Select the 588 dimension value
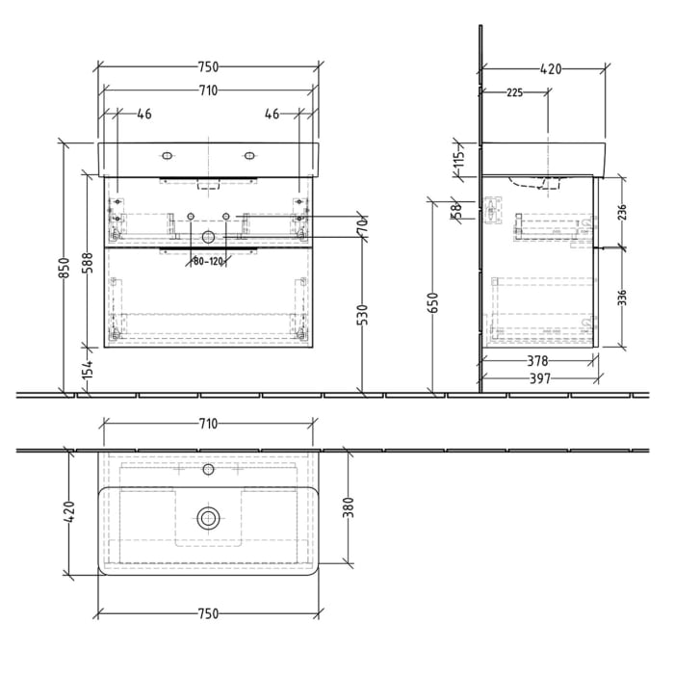pos(87,265)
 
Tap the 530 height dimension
pos(362,315)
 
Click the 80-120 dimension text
pos(208,260)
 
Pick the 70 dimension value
pos(362,230)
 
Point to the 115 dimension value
pos(459,157)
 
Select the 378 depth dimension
pos(539,361)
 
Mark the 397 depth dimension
pos(539,378)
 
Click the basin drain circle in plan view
pos(208,517)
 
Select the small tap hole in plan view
pos(208,471)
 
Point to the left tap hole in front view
pos(167,155)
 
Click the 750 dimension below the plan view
pos(208,613)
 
